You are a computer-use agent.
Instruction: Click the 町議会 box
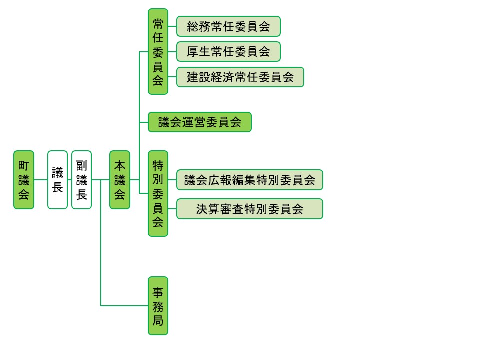pyautogui.click(x=24, y=180)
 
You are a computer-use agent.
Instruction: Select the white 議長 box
pyautogui.click(x=57, y=180)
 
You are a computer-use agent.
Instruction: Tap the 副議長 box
pyautogui.click(x=81, y=180)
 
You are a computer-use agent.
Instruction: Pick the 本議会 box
pyautogui.click(x=120, y=180)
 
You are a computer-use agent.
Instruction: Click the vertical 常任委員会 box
pyautogui.click(x=158, y=51)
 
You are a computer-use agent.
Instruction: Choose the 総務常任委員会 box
pyautogui.click(x=228, y=26)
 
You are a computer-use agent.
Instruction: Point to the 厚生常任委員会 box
pyautogui.click(x=228, y=51)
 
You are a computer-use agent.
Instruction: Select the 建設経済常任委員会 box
pyautogui.click(x=240, y=77)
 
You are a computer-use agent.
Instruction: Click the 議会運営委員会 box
pyautogui.click(x=200, y=122)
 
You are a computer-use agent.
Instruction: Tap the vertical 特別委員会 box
pyautogui.click(x=158, y=193)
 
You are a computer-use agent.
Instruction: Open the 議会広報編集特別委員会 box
pyautogui.click(x=250, y=180)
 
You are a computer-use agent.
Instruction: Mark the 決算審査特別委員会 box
pyautogui.click(x=250, y=209)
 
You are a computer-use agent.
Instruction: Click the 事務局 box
pyautogui.click(x=158, y=306)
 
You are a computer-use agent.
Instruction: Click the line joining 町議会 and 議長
pyautogui.click(x=41, y=180)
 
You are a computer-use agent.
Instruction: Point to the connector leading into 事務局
pyautogui.click(x=125, y=305)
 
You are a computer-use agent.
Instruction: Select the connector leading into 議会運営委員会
pyautogui.click(x=144, y=122)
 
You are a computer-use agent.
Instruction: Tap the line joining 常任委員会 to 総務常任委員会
pyautogui.click(x=172, y=26)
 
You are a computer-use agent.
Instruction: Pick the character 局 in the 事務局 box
pyautogui.click(x=158, y=320)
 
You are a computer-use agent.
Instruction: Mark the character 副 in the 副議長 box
pyautogui.click(x=81, y=166)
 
